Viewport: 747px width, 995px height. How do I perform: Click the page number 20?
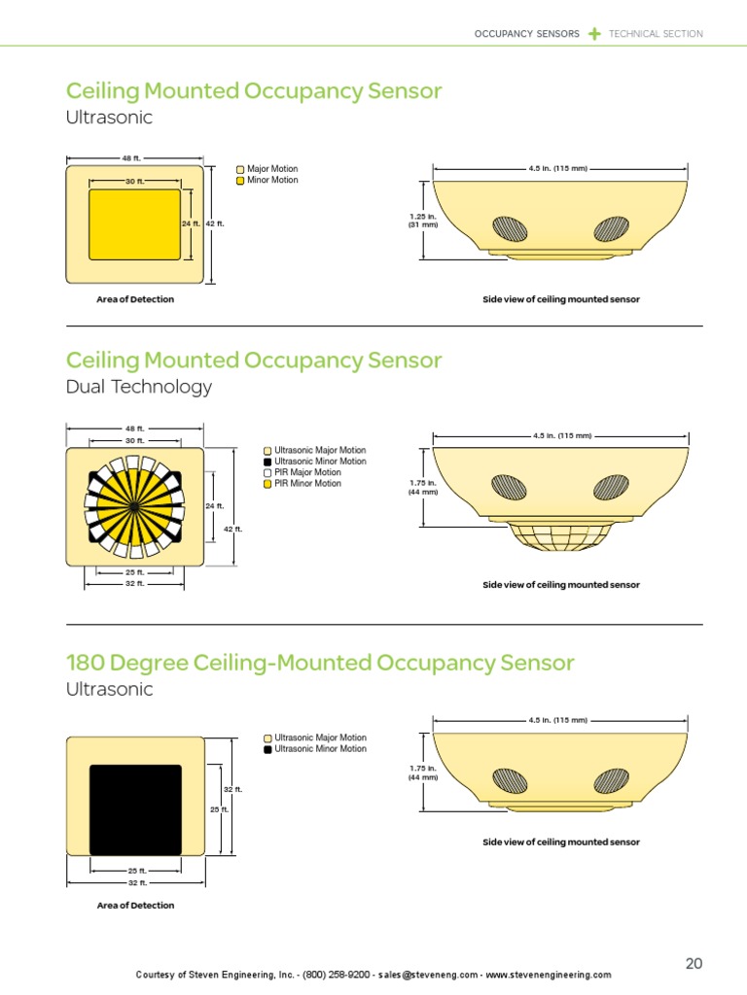coord(694,964)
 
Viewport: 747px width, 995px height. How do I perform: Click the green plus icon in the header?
coord(594,34)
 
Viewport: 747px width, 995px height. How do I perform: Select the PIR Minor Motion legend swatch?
coord(268,484)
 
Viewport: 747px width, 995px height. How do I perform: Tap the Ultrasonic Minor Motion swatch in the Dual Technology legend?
coord(268,462)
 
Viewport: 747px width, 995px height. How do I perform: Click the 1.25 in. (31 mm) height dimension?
coord(422,220)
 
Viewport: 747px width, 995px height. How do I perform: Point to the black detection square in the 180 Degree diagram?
coord(135,809)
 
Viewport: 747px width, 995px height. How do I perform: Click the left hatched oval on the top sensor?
coord(510,227)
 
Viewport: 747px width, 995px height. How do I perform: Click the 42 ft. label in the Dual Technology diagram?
coord(232,529)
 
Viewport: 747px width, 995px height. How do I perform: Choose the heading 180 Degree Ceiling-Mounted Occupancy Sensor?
coord(320,663)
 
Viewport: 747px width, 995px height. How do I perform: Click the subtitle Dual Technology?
coord(138,387)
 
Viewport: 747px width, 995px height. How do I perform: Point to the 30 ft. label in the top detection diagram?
coord(134,182)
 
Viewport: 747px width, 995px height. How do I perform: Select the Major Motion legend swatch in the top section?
coord(240,169)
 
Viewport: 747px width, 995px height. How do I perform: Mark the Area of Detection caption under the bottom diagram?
coord(135,906)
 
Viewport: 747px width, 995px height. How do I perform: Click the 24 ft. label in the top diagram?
coord(191,223)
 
